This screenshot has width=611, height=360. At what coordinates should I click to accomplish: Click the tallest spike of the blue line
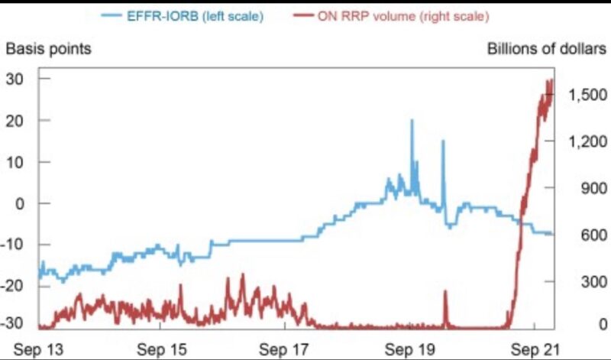click(412, 121)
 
